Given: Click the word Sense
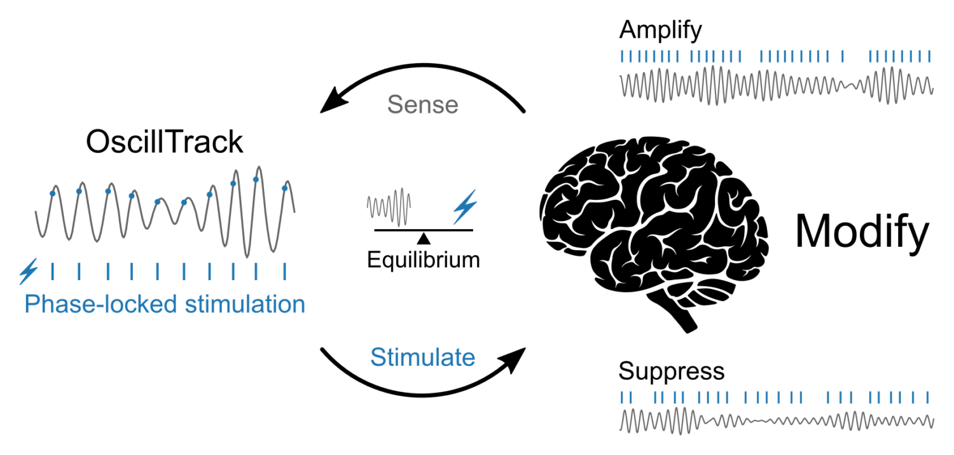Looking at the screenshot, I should coord(422,105).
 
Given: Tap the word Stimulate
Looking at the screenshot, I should coord(422,358).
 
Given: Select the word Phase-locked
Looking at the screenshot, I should coord(101,304).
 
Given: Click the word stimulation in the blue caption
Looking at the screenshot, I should coord(245,304).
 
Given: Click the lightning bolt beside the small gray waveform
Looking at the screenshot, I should coord(465,207).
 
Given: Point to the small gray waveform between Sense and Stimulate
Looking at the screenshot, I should coord(389,206).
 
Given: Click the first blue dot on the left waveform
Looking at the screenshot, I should coord(52,193).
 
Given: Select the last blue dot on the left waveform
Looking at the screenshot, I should coord(284,188).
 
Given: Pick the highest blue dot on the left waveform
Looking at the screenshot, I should coord(256,179).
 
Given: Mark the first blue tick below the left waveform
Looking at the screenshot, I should coord(52,271).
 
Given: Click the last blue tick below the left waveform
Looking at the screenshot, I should coord(284,271).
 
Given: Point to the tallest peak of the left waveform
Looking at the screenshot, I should coord(258,167).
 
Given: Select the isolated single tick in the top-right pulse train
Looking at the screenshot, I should coord(842,57).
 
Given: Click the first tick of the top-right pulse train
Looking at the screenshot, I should coord(622,57).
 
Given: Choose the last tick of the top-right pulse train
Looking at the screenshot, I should coord(930,57).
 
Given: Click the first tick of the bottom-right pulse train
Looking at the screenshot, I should coord(622,398).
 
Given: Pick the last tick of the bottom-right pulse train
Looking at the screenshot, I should coord(929,398).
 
